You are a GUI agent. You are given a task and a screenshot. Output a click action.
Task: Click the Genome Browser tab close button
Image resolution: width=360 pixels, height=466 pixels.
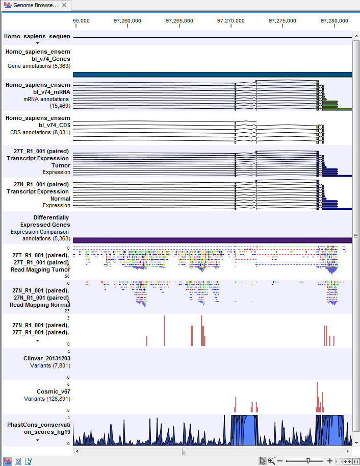tap(64, 5)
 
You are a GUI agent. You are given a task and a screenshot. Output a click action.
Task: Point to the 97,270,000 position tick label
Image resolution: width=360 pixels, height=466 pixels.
tap(231, 21)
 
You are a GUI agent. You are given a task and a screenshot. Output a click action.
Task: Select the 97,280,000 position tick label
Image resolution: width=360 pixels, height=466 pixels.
tap(335, 21)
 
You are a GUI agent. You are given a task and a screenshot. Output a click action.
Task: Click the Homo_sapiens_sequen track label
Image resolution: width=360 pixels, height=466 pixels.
tap(37, 37)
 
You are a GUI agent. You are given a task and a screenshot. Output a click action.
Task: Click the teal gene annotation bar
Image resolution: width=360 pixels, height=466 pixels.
tap(212, 75)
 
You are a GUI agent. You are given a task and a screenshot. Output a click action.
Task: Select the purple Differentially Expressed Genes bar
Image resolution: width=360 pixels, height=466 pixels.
tap(212, 240)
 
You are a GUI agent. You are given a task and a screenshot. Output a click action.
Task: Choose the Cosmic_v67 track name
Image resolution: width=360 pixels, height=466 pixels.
tap(54, 392)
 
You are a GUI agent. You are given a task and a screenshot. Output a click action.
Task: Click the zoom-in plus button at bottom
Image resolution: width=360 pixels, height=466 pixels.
tap(330, 461)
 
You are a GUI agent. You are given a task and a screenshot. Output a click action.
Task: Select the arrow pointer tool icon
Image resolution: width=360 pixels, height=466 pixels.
tap(262, 461)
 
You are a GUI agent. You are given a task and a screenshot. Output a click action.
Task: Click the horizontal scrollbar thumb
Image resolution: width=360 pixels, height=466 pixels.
tap(184, 451)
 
